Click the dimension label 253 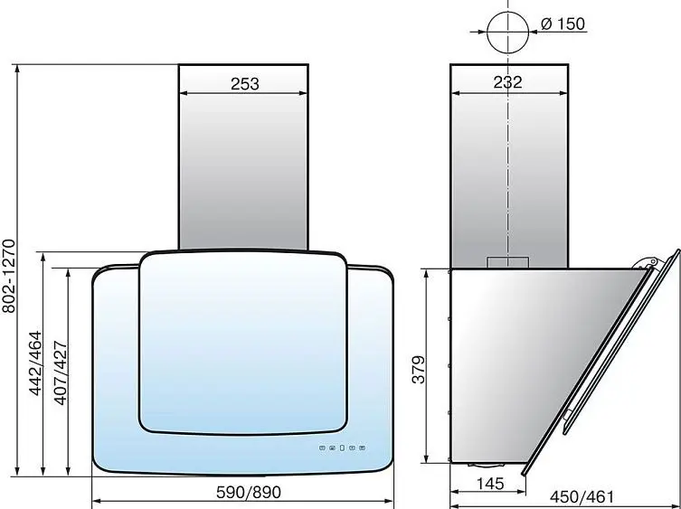(244, 84)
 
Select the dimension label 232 (507, 82)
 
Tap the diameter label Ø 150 (563, 24)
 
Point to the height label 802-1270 (9, 277)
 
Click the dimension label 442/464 (35, 363)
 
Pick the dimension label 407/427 (61, 373)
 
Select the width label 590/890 (249, 493)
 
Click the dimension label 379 (419, 370)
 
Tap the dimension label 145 (490, 484)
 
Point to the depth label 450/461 (582, 497)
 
